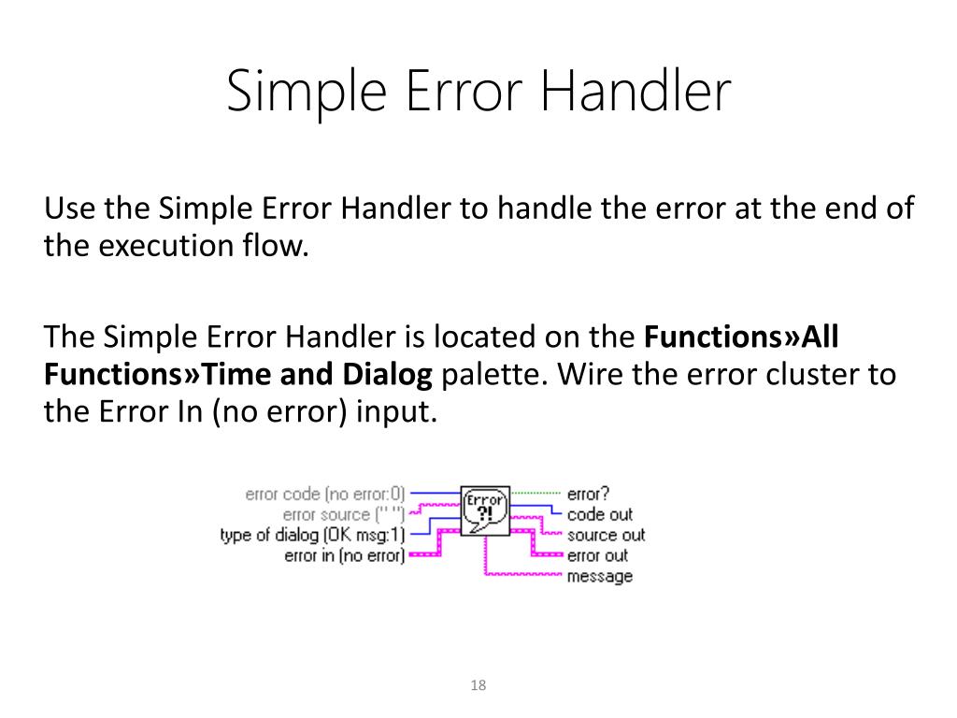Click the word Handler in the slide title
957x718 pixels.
point(636,93)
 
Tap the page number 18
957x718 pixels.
point(478,686)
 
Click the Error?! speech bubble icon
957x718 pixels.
point(485,509)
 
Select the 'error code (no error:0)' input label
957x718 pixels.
point(325,495)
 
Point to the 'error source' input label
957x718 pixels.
point(343,514)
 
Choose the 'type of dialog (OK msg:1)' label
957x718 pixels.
point(312,536)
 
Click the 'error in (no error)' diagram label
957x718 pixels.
point(344,556)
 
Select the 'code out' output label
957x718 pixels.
point(599,514)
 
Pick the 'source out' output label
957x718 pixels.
point(606,536)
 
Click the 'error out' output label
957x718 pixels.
point(597,556)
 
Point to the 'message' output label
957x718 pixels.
point(599,577)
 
